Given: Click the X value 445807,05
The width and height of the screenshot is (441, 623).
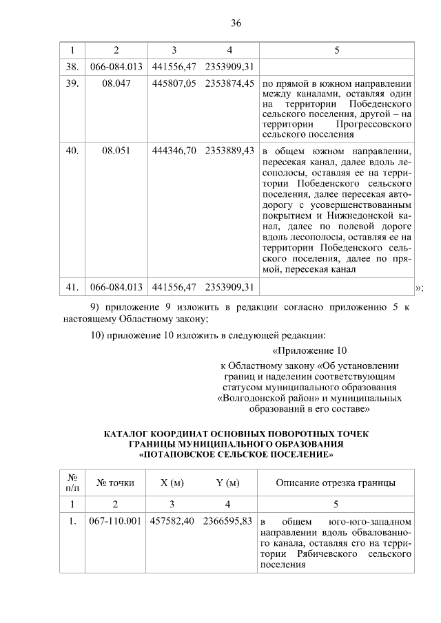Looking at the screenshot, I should (174, 83).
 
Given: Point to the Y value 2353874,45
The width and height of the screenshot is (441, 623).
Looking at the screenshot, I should (229, 83).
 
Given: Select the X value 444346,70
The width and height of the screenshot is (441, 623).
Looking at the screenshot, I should (174, 149).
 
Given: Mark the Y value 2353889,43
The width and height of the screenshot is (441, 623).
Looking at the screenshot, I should (229, 149).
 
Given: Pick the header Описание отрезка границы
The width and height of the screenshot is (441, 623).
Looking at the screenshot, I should (336, 483).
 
